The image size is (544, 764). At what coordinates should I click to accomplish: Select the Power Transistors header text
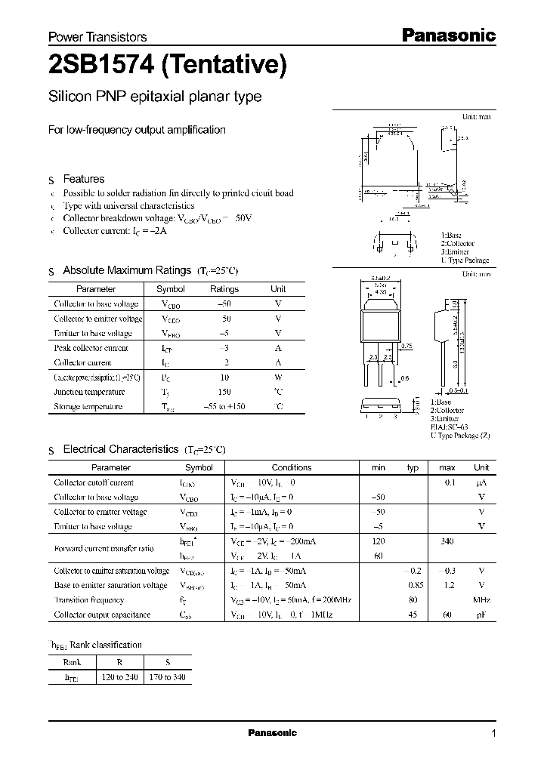click(x=97, y=37)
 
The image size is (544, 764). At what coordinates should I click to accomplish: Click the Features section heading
click(x=84, y=179)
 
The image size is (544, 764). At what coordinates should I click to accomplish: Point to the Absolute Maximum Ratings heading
click(x=127, y=270)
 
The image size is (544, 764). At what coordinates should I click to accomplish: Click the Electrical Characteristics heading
click(x=121, y=449)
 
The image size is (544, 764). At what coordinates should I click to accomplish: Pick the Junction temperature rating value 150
click(x=224, y=392)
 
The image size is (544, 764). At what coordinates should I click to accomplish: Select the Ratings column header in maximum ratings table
click(x=224, y=289)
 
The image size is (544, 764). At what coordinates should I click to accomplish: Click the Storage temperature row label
click(x=88, y=407)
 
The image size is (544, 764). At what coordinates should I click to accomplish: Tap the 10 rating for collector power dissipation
click(x=224, y=377)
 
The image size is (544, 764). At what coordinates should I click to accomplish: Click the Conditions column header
click(x=292, y=468)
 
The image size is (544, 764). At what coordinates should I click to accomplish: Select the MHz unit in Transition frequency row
click(x=481, y=600)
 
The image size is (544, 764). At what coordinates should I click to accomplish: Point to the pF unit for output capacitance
click(x=481, y=615)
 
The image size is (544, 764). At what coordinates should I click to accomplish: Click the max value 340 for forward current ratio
click(x=447, y=541)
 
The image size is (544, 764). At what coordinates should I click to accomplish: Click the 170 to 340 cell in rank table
click(x=167, y=677)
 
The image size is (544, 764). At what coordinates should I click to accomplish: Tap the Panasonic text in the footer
click(x=273, y=733)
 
